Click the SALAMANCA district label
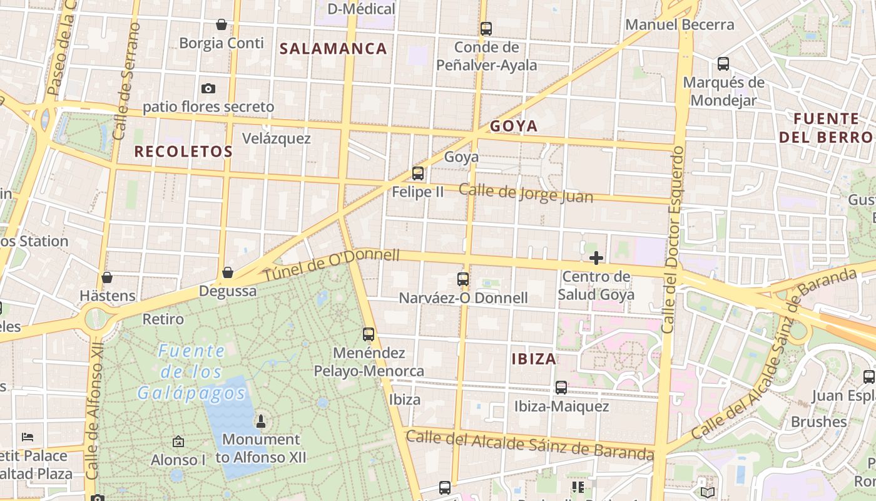point(333,49)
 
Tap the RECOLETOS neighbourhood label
point(183,152)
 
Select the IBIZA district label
point(534,359)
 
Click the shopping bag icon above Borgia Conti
point(221,25)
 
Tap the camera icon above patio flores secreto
point(208,89)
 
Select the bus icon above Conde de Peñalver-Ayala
point(486,29)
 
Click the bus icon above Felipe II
point(418,173)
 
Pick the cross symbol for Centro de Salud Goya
point(596,258)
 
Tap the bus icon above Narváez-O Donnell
point(463,279)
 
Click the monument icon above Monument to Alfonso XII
point(262,421)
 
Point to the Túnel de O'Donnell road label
point(331,266)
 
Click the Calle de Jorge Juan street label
point(526,192)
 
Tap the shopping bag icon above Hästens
point(107,277)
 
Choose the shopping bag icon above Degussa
point(228,273)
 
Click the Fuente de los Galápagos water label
point(191,372)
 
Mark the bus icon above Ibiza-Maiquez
point(561,388)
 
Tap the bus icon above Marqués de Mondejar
point(723,64)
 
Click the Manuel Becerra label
point(680,25)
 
